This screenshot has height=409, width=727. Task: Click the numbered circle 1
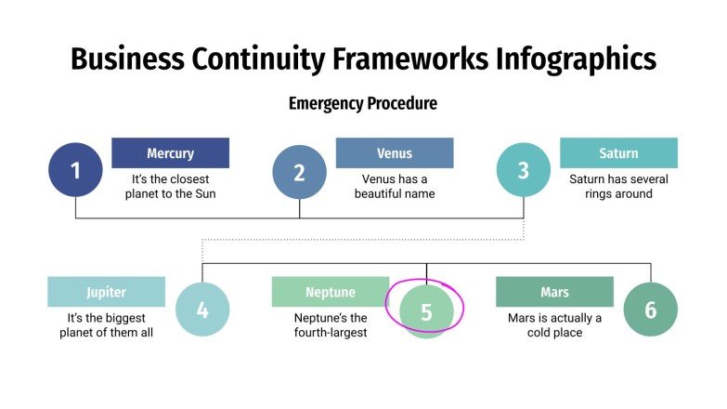pyautogui.click(x=75, y=170)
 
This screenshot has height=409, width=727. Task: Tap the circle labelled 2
pyautogui.click(x=299, y=172)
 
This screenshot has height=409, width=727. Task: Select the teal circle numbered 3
pyautogui.click(x=523, y=170)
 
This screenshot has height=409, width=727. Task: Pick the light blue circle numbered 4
pyautogui.click(x=202, y=310)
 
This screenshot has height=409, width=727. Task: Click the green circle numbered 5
pyautogui.click(x=426, y=311)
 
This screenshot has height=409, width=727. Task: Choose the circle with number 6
pyautogui.click(x=650, y=310)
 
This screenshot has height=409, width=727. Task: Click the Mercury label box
pyautogui.click(x=170, y=153)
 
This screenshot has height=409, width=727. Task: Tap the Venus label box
pyautogui.click(x=395, y=153)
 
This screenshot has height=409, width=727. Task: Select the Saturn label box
pyautogui.click(x=618, y=153)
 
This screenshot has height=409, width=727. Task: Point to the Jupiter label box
pyautogui.click(x=106, y=292)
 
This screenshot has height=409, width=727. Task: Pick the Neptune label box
pyautogui.click(x=331, y=292)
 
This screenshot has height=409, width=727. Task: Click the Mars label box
pyautogui.click(x=554, y=292)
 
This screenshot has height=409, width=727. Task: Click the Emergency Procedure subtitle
pyautogui.click(x=362, y=103)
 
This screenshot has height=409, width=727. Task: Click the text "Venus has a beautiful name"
pyautogui.click(x=395, y=187)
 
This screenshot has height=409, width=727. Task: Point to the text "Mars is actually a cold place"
pyautogui.click(x=554, y=325)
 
